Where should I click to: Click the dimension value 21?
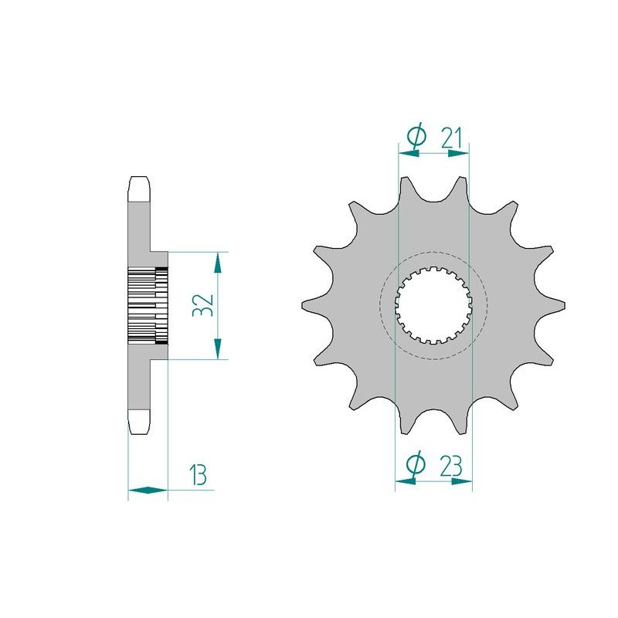(451, 138)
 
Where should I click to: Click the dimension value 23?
(450, 467)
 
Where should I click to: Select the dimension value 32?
(202, 305)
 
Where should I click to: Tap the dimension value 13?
(198, 475)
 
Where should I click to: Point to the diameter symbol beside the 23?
(416, 464)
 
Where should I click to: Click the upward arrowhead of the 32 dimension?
(218, 263)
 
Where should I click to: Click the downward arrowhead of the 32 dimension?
(218, 349)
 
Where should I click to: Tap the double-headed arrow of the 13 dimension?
(148, 491)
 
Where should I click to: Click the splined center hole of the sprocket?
(433, 304)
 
